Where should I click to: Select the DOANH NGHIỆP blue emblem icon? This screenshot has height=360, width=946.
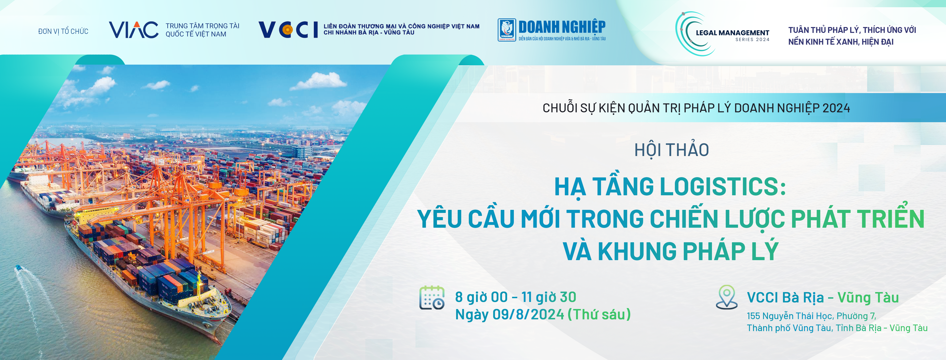click(x=507, y=30)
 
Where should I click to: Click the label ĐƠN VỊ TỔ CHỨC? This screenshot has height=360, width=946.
click(x=63, y=31)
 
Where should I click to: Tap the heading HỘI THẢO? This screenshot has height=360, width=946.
click(x=672, y=150)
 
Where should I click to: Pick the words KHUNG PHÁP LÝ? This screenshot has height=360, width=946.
click(x=688, y=251)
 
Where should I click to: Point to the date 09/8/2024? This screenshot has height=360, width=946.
click(x=528, y=314)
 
